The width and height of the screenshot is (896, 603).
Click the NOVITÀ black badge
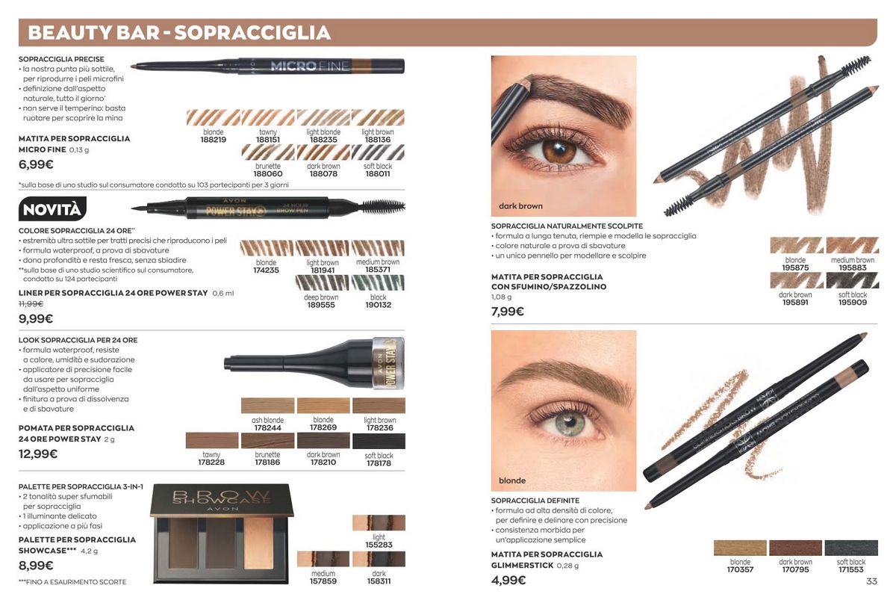(x=52, y=209)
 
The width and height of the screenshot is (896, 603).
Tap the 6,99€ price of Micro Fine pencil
(x=36, y=164)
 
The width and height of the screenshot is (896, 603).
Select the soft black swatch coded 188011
(x=378, y=152)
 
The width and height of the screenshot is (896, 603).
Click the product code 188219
(x=214, y=140)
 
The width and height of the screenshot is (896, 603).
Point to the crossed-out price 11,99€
(x=31, y=304)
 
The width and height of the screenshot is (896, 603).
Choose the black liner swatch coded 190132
(x=378, y=282)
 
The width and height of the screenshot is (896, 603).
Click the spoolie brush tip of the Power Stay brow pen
(x=383, y=207)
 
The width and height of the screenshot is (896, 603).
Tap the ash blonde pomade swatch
(x=267, y=406)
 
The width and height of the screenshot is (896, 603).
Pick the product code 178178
(x=379, y=463)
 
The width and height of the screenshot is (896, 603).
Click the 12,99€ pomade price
(x=38, y=454)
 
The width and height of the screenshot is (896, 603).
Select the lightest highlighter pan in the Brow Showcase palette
(x=258, y=543)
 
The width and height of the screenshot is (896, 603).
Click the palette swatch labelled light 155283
(x=379, y=523)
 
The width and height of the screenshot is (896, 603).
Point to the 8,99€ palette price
(x=36, y=566)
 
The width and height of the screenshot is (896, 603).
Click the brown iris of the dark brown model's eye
(x=559, y=152)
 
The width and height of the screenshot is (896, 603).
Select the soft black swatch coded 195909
(x=853, y=280)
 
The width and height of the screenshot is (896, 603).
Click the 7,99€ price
(x=508, y=312)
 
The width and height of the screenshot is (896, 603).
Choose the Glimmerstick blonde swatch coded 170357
(x=740, y=548)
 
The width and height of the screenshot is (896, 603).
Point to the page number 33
(x=871, y=581)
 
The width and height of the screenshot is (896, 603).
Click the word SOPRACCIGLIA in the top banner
(x=253, y=33)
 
